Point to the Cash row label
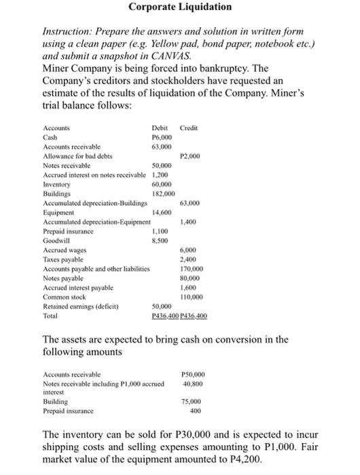pyautogui.click(x=50, y=136)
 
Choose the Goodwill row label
pyautogui.click(x=55, y=240)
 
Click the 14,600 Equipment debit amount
pyautogui.click(x=163, y=212)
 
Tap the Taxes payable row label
pyautogui.click(x=62, y=259)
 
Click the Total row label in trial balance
pyautogui.click(x=52, y=316)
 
